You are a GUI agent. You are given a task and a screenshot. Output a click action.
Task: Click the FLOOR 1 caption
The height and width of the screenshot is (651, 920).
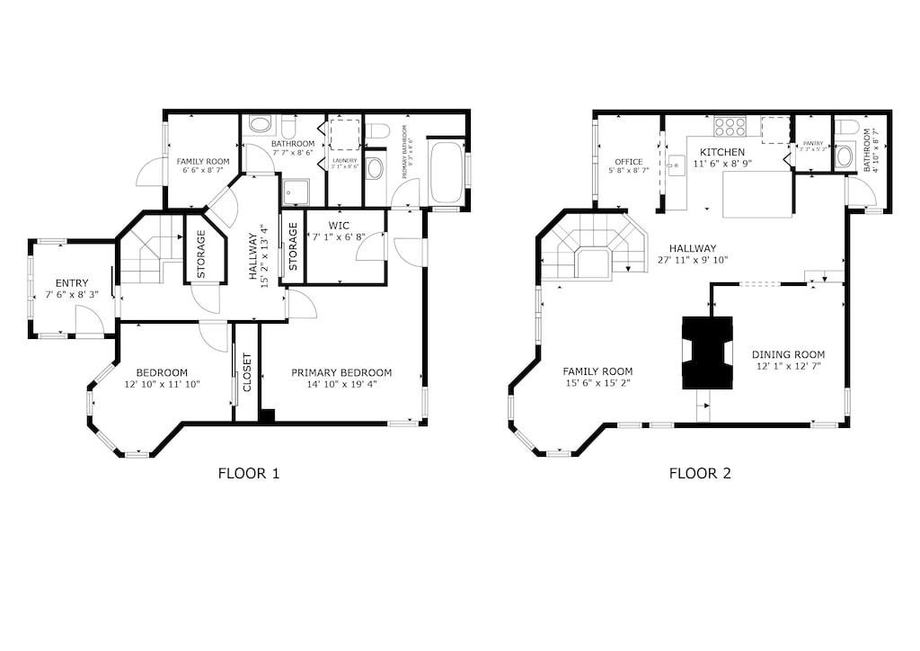point(249,473)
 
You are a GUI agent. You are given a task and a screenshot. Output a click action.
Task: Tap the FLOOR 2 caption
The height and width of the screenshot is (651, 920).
point(699,473)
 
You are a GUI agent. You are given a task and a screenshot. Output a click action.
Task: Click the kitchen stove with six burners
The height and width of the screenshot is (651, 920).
point(730,127)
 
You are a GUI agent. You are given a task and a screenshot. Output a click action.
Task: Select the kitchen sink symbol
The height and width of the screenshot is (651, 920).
point(677,163)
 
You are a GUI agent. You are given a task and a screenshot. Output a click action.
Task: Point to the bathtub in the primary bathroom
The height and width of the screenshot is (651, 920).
point(446,172)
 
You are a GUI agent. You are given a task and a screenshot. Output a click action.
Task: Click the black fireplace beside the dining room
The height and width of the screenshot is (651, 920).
point(707,352)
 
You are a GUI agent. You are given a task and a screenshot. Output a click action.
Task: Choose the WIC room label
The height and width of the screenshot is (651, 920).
point(339,225)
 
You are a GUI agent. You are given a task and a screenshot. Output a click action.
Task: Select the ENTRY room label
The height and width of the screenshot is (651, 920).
point(72,283)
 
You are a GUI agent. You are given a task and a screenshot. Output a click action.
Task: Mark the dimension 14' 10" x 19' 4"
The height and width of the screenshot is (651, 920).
point(341,384)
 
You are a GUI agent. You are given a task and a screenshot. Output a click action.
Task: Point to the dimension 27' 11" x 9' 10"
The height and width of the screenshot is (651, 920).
point(692,260)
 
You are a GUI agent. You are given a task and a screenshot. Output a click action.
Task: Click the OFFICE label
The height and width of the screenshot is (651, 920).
point(628,162)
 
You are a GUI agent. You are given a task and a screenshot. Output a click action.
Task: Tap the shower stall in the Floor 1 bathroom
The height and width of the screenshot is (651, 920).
point(295,192)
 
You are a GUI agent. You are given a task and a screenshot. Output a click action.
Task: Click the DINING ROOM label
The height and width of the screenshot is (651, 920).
point(788,354)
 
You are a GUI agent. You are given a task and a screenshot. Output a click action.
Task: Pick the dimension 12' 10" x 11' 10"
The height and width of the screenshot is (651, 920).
point(162,384)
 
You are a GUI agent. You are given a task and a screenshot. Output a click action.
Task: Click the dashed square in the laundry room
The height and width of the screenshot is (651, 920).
point(344,132)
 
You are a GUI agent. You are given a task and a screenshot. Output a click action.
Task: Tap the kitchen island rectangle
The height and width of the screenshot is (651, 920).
point(756,194)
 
